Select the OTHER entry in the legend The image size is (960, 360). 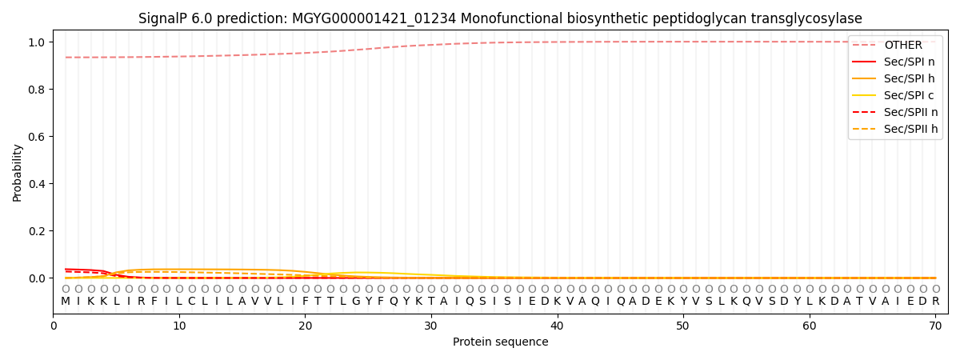(902, 46)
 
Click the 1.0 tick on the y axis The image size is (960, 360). (37, 42)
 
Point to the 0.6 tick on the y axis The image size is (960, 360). (37, 137)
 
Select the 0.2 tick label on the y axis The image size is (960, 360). (37, 231)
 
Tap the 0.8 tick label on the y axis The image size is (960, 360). (37, 90)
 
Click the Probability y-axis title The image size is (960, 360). (18, 173)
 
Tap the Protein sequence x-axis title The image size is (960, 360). (500, 342)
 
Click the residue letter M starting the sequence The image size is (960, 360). (66, 302)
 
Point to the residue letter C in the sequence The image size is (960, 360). (192, 302)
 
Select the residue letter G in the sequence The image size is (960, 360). (356, 302)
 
